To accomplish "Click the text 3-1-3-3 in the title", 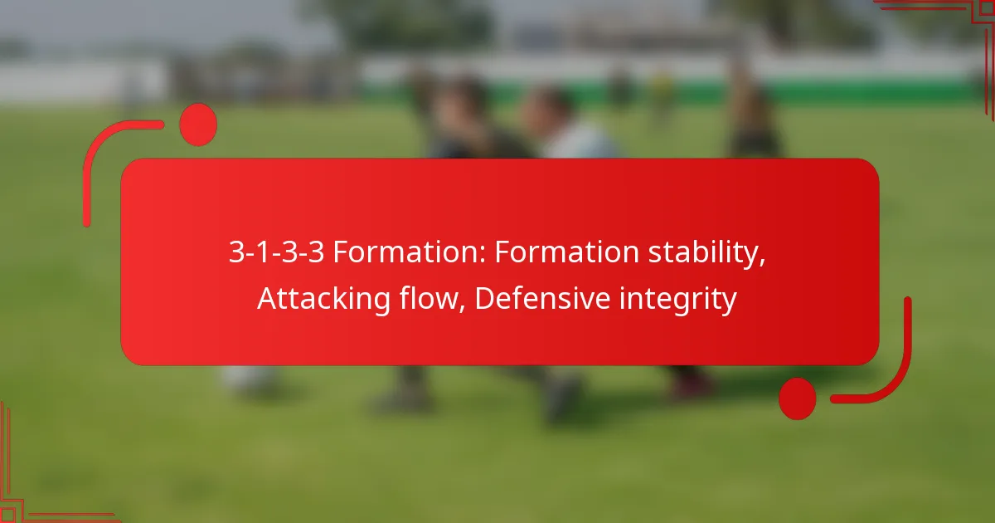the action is pos(276,252).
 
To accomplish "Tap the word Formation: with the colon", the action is pos(410,252).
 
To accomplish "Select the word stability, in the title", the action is pos(706,253).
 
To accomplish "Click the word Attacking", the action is pos(324,298).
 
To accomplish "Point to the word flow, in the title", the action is pos(432,298).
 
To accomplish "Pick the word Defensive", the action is pos(542,298).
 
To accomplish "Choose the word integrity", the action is pos(678,300).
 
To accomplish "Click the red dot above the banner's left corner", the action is pos(198,125).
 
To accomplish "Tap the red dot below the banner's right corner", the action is pos(798,398).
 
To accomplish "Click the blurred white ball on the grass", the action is pos(249,378).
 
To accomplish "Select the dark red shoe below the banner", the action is pos(691,384).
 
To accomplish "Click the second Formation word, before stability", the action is pos(566,252).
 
